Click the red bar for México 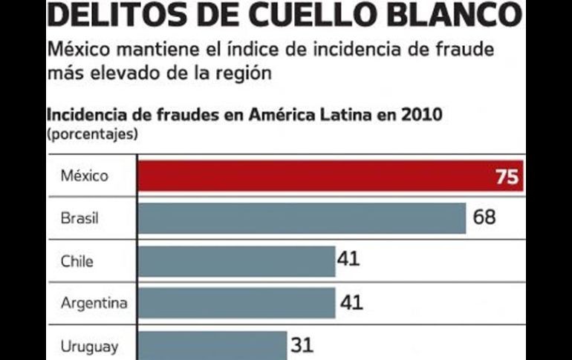pos(312,177)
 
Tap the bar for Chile pos(237,261)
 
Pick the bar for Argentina pos(237,303)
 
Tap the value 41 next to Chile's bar pos(348,259)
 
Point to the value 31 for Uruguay pos(302,344)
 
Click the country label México pos(85,177)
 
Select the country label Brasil pos(79,219)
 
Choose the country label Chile pos(78,261)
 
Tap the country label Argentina pos(94,303)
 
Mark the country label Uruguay pos(89,346)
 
